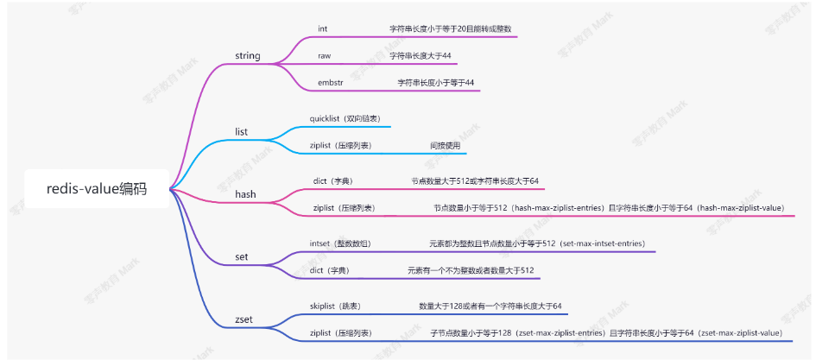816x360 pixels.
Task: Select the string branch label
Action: tap(248, 56)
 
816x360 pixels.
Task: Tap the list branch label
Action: tap(242, 132)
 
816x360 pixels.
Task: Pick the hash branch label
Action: tap(245, 195)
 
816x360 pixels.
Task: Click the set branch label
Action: tap(242, 257)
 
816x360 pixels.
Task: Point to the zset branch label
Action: tap(244, 319)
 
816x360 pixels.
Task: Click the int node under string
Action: tap(323, 28)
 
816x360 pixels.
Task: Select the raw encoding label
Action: tap(325, 55)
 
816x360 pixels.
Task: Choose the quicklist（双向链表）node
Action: tap(345, 117)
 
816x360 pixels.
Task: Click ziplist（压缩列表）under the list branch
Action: tap(341, 146)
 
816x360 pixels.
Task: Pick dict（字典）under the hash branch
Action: tap(332, 181)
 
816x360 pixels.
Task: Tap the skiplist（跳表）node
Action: tap(335, 306)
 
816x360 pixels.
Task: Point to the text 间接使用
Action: tap(446, 146)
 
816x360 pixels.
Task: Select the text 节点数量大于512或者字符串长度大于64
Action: tap(475, 181)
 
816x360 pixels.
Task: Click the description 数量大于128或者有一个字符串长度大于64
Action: tap(490, 306)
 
